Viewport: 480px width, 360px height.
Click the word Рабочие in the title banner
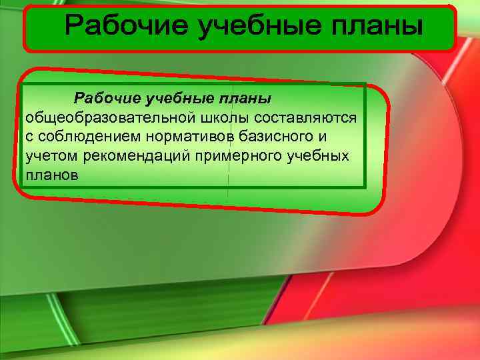120,27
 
